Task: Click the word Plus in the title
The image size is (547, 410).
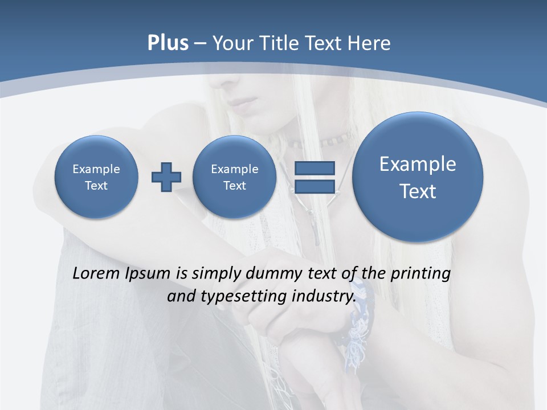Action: coord(168,43)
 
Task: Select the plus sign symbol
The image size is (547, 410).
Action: coord(166,177)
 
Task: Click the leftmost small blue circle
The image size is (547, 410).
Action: coord(96,177)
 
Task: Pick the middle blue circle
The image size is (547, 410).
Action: coord(234,177)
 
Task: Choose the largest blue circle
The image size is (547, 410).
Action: coord(418,177)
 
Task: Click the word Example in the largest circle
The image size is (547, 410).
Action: coord(418,164)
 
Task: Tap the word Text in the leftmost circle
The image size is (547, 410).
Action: coord(96,186)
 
